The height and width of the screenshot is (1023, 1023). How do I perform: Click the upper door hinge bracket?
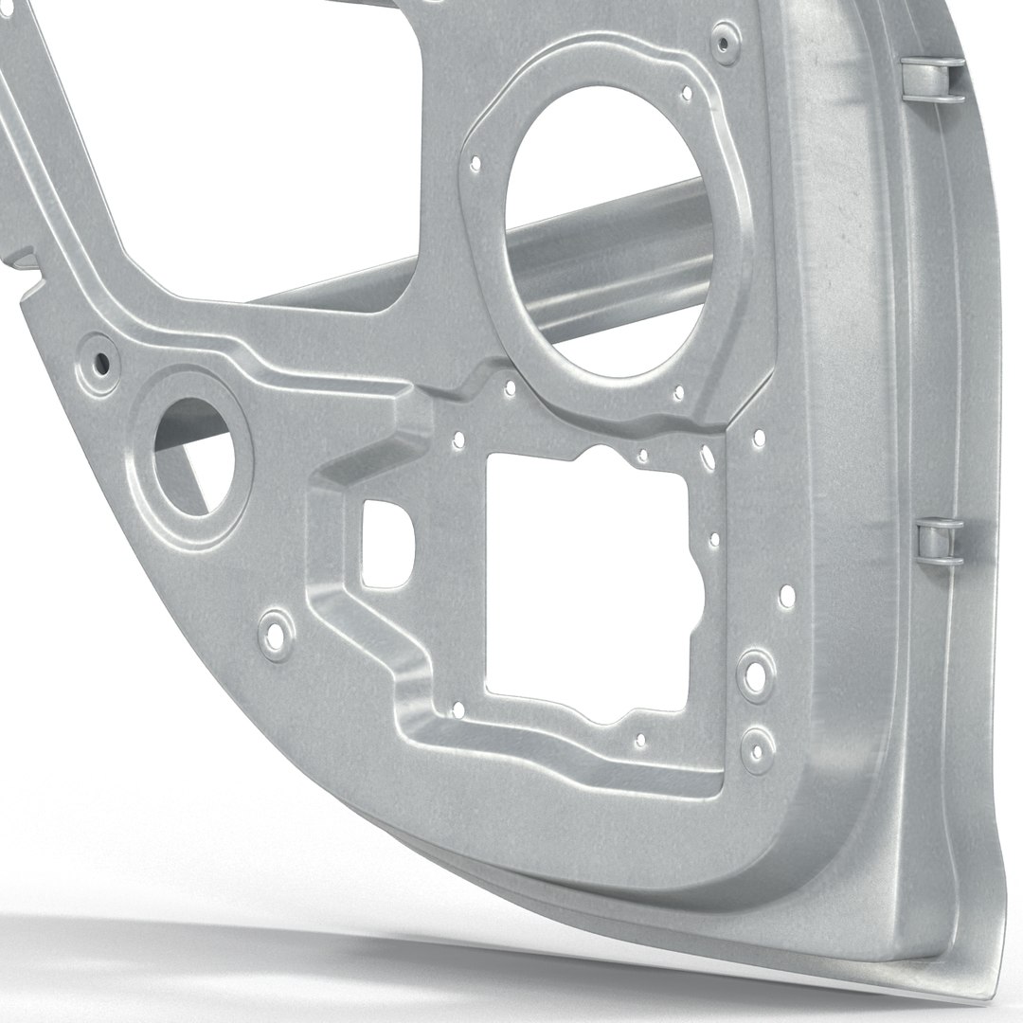tap(932, 79)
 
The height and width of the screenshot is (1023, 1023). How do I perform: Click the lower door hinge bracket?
tap(939, 542)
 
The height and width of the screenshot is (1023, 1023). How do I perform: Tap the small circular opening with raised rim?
tap(193, 458)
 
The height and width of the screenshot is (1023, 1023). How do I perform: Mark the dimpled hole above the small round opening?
tap(99, 361)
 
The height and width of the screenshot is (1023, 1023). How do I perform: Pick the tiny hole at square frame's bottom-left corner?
tap(458, 709)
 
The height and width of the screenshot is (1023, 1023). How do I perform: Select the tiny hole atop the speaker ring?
tap(687, 93)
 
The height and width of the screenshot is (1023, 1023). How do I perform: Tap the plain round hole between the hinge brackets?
tap(787, 597)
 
